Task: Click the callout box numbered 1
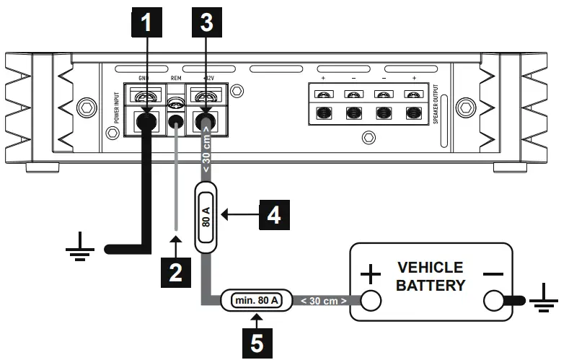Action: tap(146, 23)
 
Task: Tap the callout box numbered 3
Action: tap(206, 23)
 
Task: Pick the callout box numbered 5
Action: tap(257, 338)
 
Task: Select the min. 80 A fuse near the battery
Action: tap(255, 298)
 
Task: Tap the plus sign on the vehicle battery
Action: tap(370, 275)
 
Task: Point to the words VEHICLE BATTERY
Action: tap(431, 276)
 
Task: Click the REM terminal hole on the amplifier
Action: tap(174, 119)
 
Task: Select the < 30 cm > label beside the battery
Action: tap(322, 299)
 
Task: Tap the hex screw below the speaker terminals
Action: tap(369, 136)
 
